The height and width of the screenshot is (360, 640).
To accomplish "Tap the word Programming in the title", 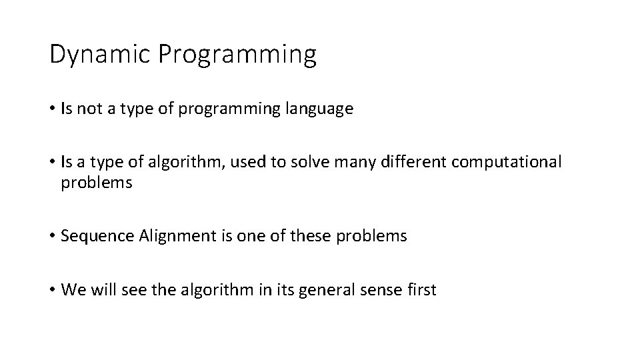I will pyautogui.click(x=237, y=55).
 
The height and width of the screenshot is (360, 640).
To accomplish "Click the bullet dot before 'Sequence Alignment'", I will pyautogui.click(x=52, y=237).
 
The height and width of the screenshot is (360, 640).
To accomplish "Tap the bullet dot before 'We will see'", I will pyautogui.click(x=52, y=291).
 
